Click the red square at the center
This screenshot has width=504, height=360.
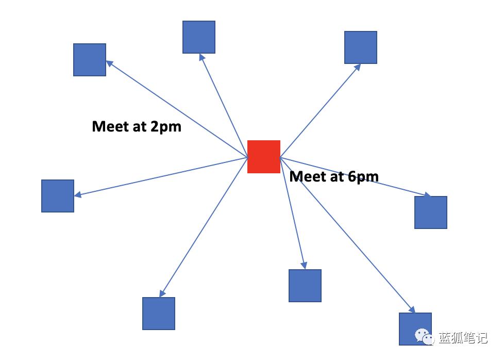click(263, 157)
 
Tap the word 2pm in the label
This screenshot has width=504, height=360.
click(166, 127)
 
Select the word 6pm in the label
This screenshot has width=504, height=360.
click(363, 177)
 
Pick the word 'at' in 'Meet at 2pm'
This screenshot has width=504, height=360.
click(140, 127)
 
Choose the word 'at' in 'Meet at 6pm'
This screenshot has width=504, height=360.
click(337, 177)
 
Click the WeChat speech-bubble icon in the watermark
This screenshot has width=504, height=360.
click(424, 336)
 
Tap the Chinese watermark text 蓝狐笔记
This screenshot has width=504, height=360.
click(463, 338)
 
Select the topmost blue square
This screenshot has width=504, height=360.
click(199, 37)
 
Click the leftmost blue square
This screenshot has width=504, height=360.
click(58, 196)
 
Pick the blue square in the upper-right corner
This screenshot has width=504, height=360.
click(361, 47)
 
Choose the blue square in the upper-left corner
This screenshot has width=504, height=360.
click(90, 60)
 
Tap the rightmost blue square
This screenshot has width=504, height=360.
click(431, 212)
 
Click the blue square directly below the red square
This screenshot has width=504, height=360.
click(305, 286)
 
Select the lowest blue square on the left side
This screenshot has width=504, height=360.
click(159, 314)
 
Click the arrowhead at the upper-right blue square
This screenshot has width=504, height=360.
click(358, 67)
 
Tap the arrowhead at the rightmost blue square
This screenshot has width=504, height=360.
click(427, 194)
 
